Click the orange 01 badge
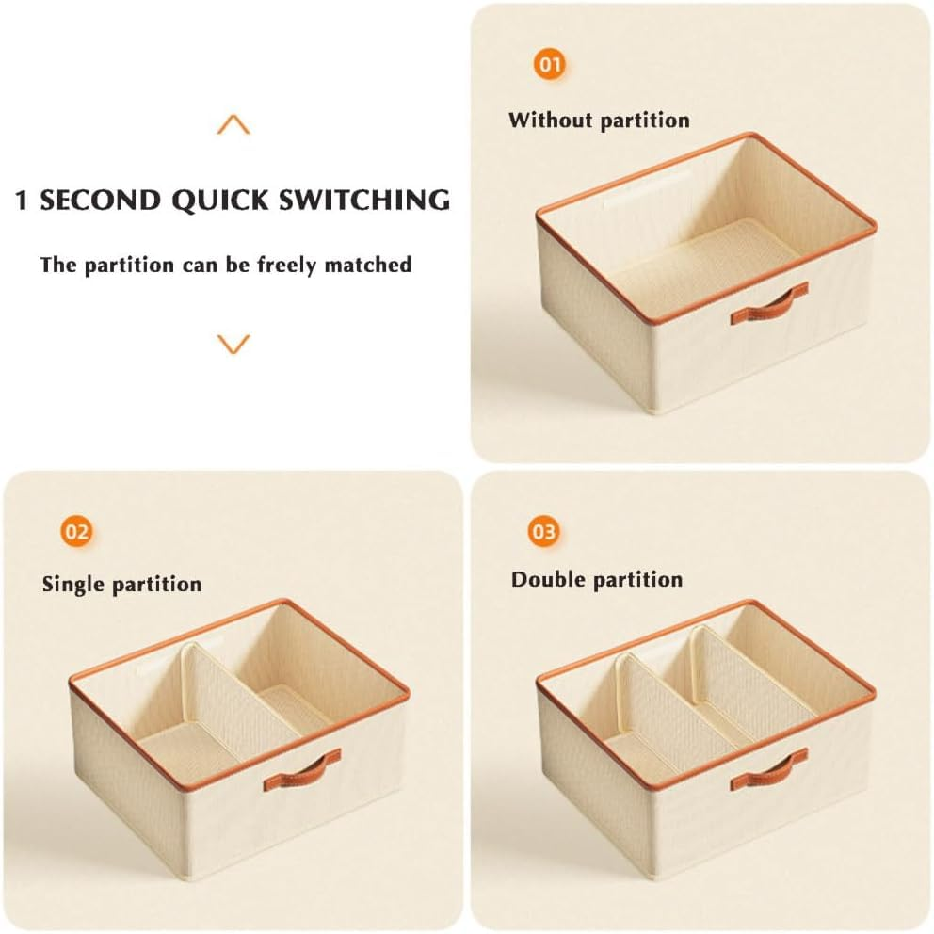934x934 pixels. click(549, 64)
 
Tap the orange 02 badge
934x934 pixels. click(77, 531)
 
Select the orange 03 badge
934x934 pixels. click(544, 531)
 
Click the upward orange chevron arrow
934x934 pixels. click(233, 124)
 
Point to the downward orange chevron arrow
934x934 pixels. click(233, 345)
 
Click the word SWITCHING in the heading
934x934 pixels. click(364, 201)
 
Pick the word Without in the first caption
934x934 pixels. click(551, 120)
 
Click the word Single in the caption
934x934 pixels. click(73, 585)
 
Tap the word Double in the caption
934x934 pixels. click(545, 580)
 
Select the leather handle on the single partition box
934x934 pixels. click(302, 772)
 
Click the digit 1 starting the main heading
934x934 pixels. click(22, 201)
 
